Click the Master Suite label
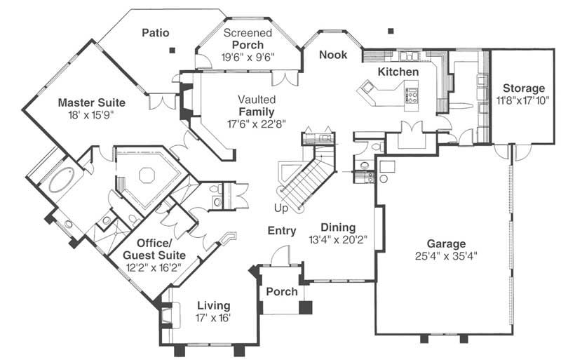coord(86,101)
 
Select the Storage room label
coord(522,88)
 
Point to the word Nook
coord(333,55)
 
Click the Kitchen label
coord(398,72)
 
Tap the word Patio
coord(156,32)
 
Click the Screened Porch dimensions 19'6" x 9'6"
coord(249,57)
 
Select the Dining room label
coord(338,228)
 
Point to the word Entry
coord(282,231)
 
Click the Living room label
coord(213,305)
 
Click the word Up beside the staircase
coord(281,208)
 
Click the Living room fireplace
coord(168,314)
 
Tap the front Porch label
coord(281,291)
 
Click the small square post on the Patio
coord(172,50)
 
